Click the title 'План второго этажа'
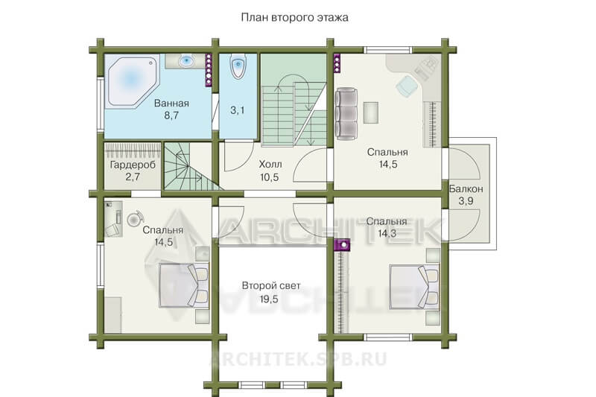coord(294,18)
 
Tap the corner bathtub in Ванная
coord(131,81)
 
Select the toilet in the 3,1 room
coord(238,67)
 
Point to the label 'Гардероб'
coord(133,165)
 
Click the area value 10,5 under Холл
coord(270,177)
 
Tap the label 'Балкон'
coord(466,188)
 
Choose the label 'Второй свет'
coord(271,286)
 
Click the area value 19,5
coord(269,299)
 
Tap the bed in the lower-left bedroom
coord(184,285)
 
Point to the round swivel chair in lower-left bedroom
coord(135,218)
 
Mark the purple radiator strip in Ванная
coord(209,70)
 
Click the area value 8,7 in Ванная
coord(171,115)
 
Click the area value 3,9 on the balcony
coord(466,201)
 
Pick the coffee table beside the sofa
coord(370,112)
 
